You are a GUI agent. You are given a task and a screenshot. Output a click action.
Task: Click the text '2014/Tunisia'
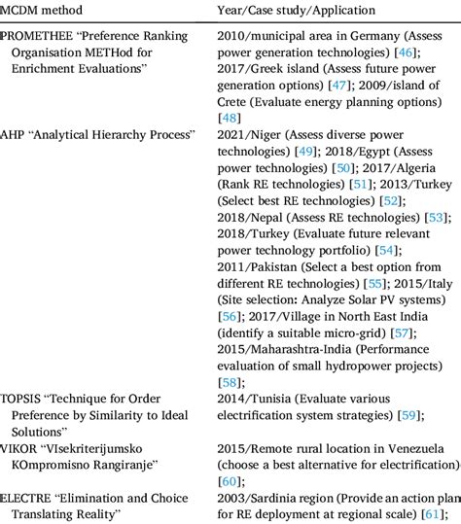pyautogui.click(x=253, y=399)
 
